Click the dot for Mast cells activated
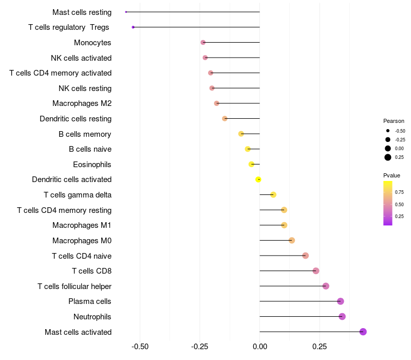tap(363, 332)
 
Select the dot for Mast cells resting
tap(126, 12)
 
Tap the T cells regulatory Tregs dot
tap(133, 27)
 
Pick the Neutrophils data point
tap(342, 316)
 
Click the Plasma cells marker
tap(340, 301)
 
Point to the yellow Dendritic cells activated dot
tap(258, 179)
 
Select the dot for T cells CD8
tap(316, 271)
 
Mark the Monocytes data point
tap(203, 42)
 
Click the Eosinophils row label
tap(92, 165)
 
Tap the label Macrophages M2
tap(82, 103)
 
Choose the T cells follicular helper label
tap(74, 286)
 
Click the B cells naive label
tap(90, 149)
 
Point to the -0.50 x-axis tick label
tap(140, 347)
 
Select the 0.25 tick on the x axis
tap(320, 347)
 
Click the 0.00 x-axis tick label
tap(260, 347)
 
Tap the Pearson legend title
tap(394, 121)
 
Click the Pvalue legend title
tap(391, 175)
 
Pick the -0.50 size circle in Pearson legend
tap(388, 131)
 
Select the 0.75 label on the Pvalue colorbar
tap(399, 192)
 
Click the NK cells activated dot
tap(205, 58)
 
